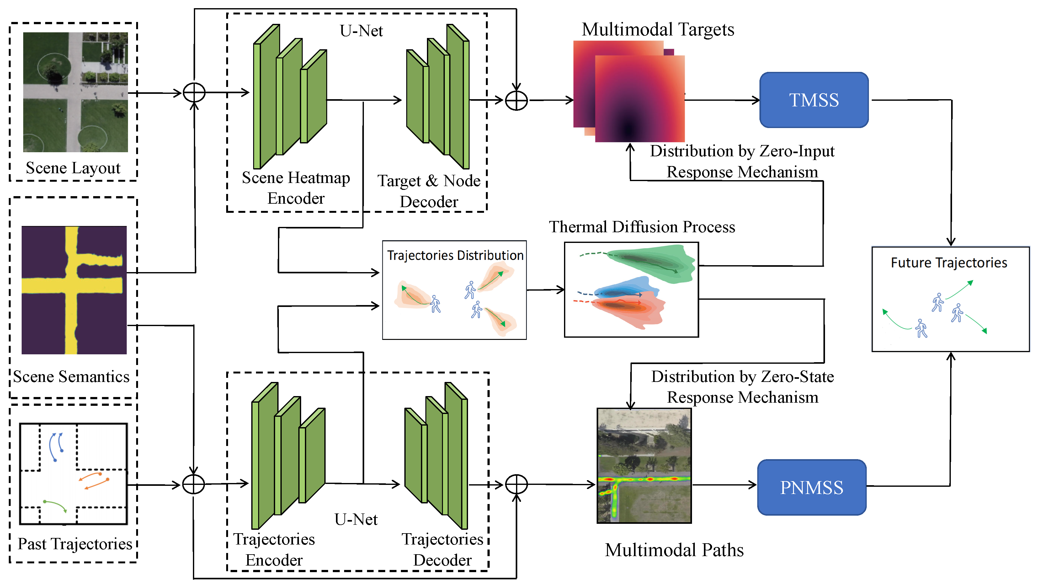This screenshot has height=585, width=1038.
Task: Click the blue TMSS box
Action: point(814,100)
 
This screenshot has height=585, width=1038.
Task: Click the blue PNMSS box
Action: point(812,487)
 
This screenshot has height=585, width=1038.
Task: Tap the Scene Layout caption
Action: point(73,168)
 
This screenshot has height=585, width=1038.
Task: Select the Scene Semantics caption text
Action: point(71,377)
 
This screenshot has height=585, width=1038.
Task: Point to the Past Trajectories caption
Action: point(75,544)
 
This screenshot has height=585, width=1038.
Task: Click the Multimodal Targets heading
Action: point(657,30)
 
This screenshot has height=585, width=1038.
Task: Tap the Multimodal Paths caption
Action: point(674,550)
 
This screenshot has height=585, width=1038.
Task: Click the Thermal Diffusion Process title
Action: point(641,227)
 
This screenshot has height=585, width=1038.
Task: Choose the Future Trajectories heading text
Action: point(949,263)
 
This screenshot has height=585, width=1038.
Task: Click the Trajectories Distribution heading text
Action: point(455,255)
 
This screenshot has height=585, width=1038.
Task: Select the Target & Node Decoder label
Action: point(429,191)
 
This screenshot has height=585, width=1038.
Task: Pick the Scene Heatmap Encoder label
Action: point(296,188)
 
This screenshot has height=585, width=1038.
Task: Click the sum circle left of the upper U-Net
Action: point(194,93)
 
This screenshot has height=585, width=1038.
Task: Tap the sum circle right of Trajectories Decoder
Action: point(516,484)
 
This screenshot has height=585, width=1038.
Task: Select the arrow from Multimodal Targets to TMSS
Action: point(721,100)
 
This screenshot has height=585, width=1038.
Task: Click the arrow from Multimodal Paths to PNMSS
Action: point(724,485)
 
